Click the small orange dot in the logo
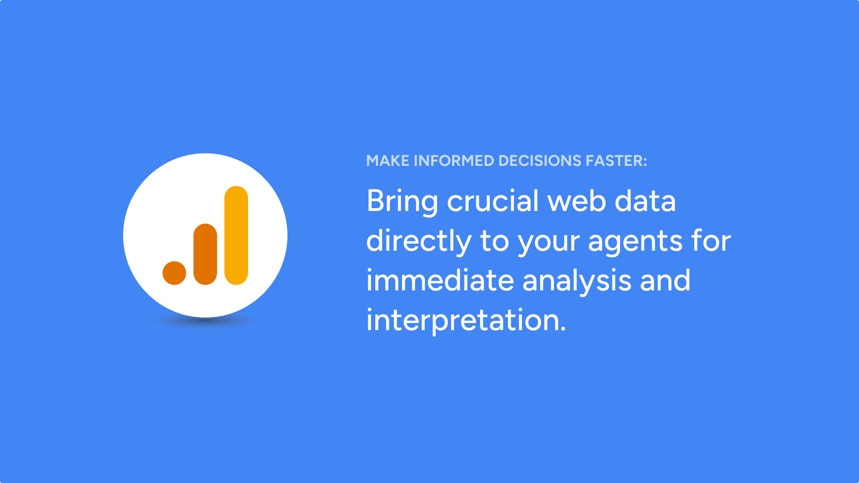pyautogui.click(x=174, y=273)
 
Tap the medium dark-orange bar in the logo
pyautogui.click(x=205, y=254)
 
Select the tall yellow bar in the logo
pyautogui.click(x=236, y=236)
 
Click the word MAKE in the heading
pyautogui.click(x=388, y=160)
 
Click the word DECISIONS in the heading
pyautogui.click(x=540, y=160)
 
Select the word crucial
pyautogui.click(x=493, y=201)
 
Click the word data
pyautogui.click(x=645, y=201)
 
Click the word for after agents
pyautogui.click(x=711, y=240)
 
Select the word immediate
pyautogui.click(x=440, y=280)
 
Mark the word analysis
pyautogui.click(x=577, y=282)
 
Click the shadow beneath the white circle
pyautogui.click(x=205, y=321)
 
